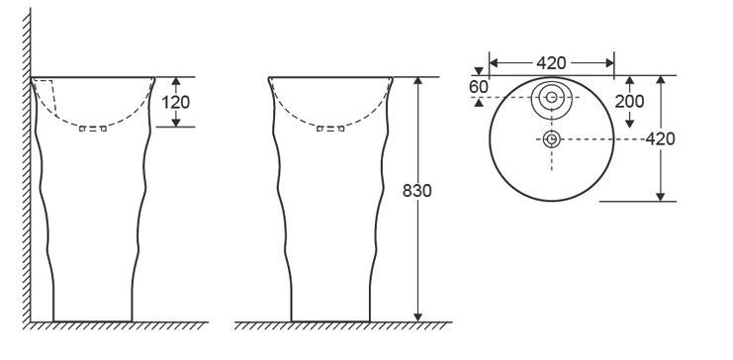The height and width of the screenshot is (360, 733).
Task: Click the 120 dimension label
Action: (x=176, y=102)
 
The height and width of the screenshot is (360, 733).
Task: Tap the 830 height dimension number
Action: (x=417, y=191)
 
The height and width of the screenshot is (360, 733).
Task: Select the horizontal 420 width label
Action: (x=551, y=62)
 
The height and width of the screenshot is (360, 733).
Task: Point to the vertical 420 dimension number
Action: (x=660, y=138)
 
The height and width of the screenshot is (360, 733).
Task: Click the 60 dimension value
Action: (x=478, y=87)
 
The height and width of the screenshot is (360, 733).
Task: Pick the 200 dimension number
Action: (x=629, y=101)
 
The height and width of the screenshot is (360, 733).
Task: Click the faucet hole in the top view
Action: (x=552, y=97)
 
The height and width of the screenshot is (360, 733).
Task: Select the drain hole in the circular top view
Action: (x=552, y=138)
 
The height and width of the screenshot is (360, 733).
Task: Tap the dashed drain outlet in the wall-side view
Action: (x=93, y=129)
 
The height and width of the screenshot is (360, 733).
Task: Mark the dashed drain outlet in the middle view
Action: (x=330, y=129)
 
